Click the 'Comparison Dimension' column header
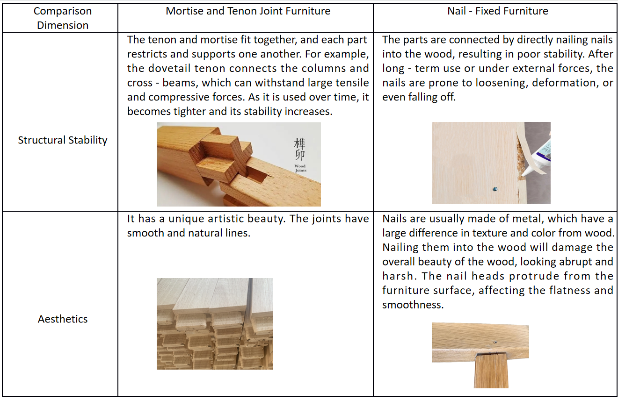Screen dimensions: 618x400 [63, 18]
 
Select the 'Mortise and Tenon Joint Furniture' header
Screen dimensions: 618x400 [248, 11]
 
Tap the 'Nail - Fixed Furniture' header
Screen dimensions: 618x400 [497, 11]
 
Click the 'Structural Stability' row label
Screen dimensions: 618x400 [63, 140]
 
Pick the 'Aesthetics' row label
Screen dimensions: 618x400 [63, 319]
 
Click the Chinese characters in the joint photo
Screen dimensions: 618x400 [299, 149]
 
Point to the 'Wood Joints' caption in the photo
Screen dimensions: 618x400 [300, 168]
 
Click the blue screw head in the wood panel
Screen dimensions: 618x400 [495, 189]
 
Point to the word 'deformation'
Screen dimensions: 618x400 [563, 83]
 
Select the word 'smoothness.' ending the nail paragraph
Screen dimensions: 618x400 [413, 305]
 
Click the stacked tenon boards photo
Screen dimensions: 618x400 [215, 324]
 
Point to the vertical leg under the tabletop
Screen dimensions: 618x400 [491, 371]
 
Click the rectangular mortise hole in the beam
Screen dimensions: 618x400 [257, 174]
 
